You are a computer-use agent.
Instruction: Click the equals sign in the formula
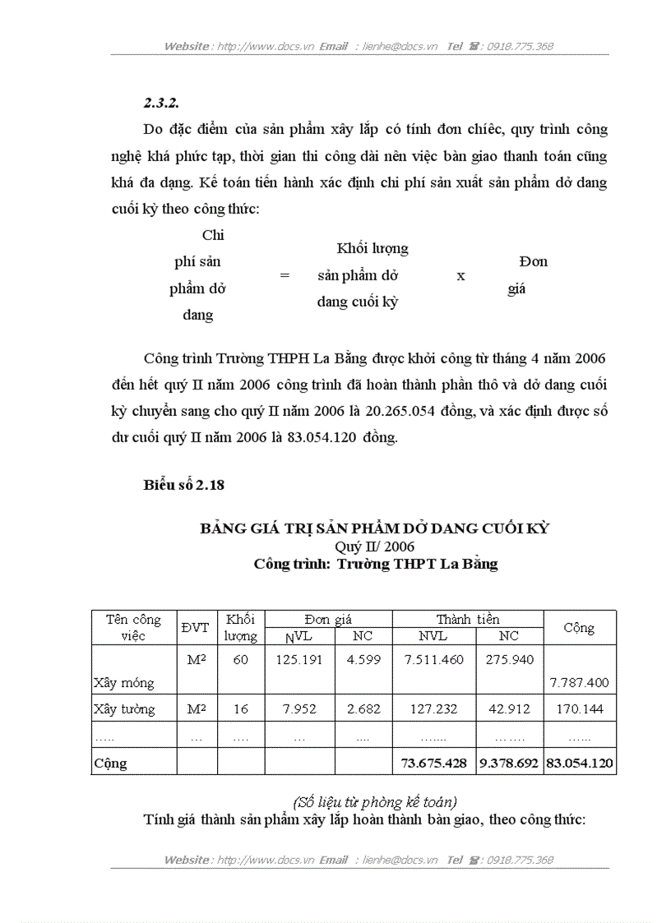[285, 276]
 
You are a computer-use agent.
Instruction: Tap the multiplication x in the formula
[460, 276]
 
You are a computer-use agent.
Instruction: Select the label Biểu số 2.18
[183, 485]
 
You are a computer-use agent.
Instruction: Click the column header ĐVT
[196, 628]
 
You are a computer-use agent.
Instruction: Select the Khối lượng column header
[240, 628]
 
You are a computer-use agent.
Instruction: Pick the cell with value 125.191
[299, 659]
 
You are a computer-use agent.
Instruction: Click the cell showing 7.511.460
[434, 659]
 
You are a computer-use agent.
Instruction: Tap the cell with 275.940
[509, 659]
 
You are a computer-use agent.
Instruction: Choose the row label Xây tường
[124, 709]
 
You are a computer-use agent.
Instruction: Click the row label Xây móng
[123, 683]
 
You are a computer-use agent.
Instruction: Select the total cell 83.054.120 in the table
[579, 763]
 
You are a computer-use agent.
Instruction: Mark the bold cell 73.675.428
[434, 763]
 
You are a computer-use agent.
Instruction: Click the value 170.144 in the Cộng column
[579, 709]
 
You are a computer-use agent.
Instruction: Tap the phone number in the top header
[520, 46]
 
